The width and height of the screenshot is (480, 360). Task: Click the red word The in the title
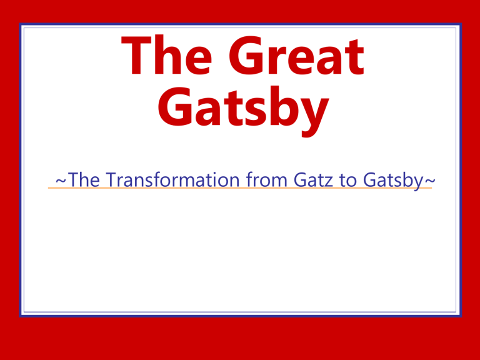click(x=166, y=55)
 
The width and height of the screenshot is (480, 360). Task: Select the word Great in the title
click(x=296, y=55)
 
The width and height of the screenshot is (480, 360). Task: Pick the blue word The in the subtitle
click(x=84, y=179)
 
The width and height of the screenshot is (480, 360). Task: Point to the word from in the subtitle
click(x=267, y=179)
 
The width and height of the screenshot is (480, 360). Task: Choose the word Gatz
click(x=313, y=179)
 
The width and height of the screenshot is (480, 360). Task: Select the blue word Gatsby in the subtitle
click(x=393, y=181)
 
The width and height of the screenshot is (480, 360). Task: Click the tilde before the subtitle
click(x=61, y=180)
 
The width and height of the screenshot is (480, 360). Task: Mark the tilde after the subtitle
click(x=429, y=180)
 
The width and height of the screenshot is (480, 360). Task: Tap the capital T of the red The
click(x=136, y=55)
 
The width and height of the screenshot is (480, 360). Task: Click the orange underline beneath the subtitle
click(x=240, y=187)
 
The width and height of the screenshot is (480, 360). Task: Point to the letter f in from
click(x=250, y=179)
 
